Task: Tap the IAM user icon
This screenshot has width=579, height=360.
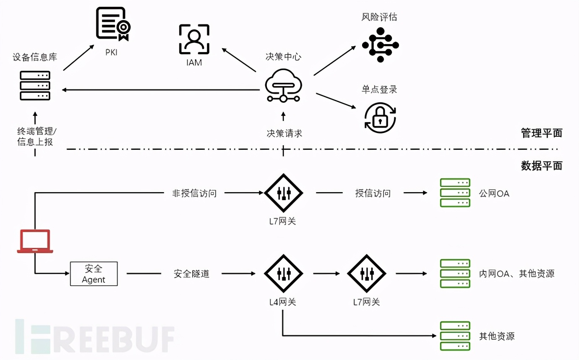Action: tap(194, 39)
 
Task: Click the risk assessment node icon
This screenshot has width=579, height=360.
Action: tap(380, 44)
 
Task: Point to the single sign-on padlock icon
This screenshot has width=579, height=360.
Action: tap(380, 117)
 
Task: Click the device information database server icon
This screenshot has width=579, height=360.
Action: tap(35, 86)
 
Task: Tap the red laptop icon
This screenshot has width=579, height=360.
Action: tap(35, 241)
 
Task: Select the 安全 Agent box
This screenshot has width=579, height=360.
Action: tap(94, 274)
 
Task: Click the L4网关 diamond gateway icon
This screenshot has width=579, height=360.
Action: tap(283, 274)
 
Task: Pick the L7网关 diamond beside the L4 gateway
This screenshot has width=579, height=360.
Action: tap(366, 274)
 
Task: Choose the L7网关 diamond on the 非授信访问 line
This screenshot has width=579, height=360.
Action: tap(283, 193)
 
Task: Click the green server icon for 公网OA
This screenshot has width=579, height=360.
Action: tap(455, 193)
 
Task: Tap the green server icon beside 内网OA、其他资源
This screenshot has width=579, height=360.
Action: tap(455, 274)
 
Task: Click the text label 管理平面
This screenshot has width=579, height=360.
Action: tap(541, 133)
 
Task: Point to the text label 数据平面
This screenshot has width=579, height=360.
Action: tap(541, 166)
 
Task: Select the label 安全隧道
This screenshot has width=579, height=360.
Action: tap(191, 274)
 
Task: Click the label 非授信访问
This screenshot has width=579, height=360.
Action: tap(194, 193)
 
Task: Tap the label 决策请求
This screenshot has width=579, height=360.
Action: tap(284, 133)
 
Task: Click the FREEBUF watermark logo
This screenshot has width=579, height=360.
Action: tap(94, 336)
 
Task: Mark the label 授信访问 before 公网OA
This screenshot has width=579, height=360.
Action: tap(373, 193)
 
